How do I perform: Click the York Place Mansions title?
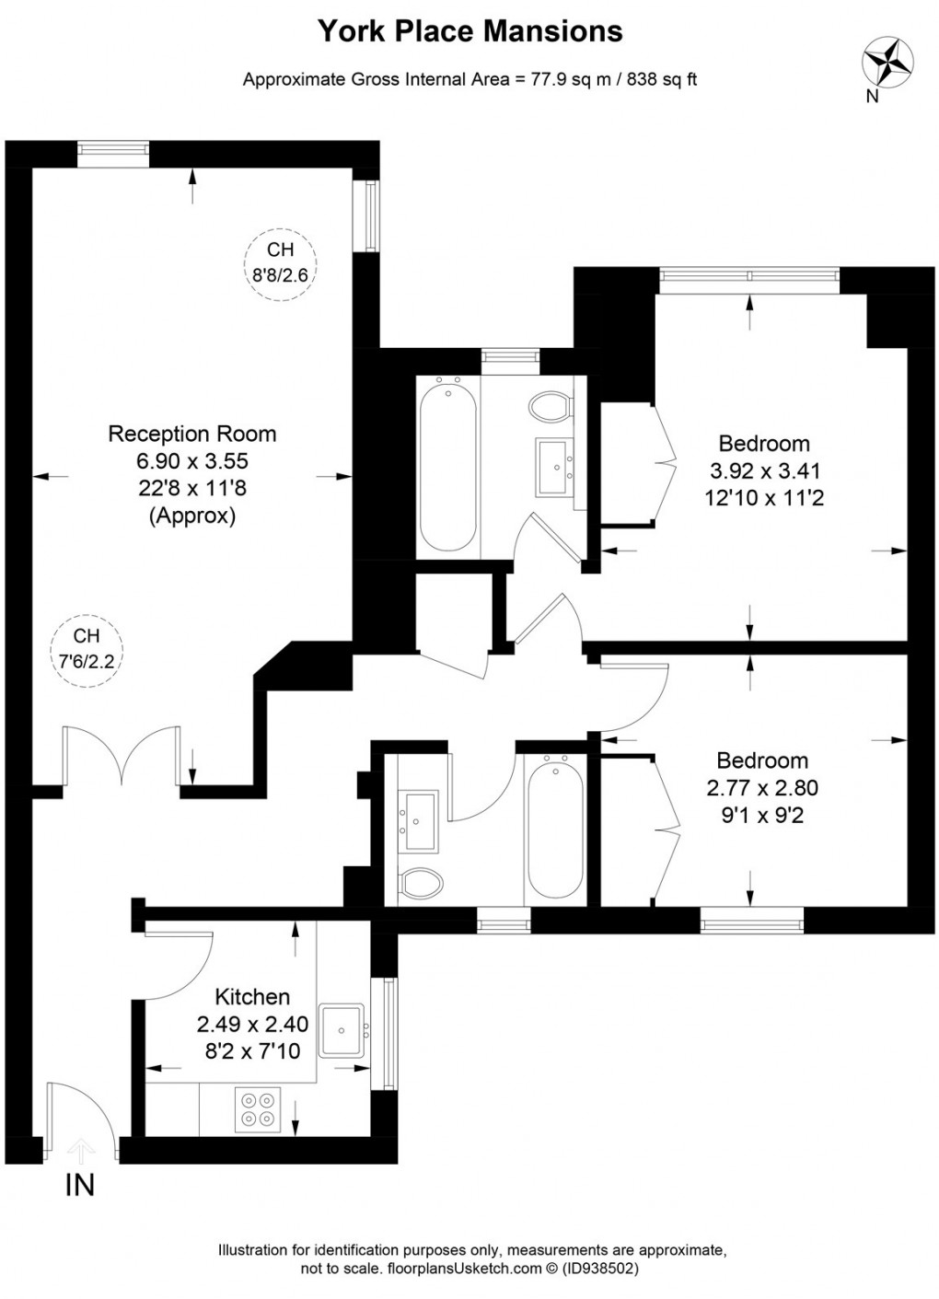pyautogui.click(x=469, y=31)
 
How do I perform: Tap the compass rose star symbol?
pyautogui.click(x=886, y=62)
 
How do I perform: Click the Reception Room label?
pyautogui.click(x=192, y=434)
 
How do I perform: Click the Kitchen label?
pyautogui.click(x=252, y=996)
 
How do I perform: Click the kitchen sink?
pyautogui.click(x=343, y=1030)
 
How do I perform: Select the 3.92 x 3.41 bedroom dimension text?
pyautogui.click(x=764, y=471)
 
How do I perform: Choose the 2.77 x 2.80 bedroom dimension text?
pyautogui.click(x=761, y=788)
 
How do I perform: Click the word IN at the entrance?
pyautogui.click(x=80, y=1185)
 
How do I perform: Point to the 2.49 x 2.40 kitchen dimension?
pyautogui.click(x=252, y=1024)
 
